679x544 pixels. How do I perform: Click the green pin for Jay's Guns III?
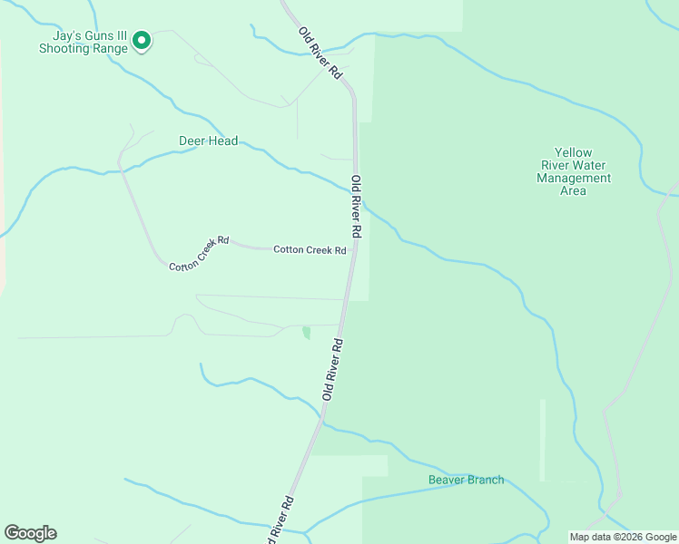coord(142,40)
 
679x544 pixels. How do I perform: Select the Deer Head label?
coord(208,141)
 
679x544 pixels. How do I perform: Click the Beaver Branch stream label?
coord(466,480)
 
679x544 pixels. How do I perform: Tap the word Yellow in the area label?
coord(574,153)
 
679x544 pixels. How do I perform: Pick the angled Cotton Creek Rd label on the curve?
coord(199,253)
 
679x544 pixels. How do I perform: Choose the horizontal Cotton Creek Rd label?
coord(310,249)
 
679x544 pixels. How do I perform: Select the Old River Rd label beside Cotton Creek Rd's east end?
coord(358,207)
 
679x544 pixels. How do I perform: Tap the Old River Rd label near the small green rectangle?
coord(332,369)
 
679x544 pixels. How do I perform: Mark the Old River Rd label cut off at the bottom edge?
coord(279,520)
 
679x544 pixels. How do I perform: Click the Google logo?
coord(30,533)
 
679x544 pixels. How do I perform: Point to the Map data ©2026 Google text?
coord(623,537)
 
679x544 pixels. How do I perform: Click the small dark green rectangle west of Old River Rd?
coord(306,333)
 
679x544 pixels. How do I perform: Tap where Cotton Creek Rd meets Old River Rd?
coord(352,251)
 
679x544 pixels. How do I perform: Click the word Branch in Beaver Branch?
coord(485,480)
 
